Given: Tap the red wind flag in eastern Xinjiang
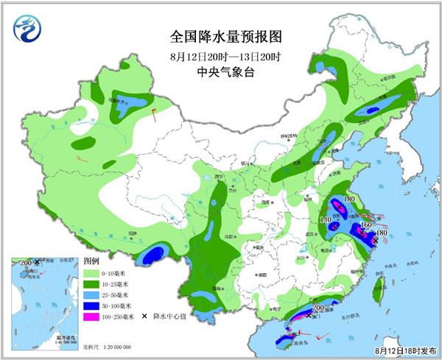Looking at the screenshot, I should tap(153, 113).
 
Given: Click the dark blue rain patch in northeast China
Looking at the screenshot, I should tap(372, 110).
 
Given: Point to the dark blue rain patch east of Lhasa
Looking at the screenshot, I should tap(152, 255).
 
